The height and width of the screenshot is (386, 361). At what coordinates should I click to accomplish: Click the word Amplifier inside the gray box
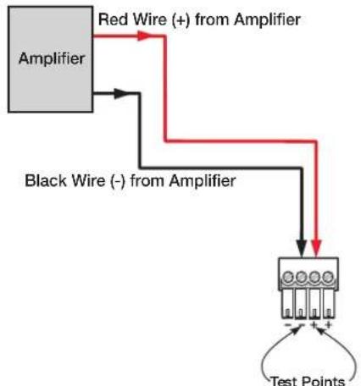tap(52, 59)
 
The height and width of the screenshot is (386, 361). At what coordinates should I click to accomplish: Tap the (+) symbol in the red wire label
tap(181, 20)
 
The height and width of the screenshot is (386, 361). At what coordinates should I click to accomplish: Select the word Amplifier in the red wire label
tap(267, 19)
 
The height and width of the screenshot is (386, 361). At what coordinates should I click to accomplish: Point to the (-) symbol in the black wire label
tap(118, 181)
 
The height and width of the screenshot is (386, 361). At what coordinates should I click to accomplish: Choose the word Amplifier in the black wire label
tap(203, 181)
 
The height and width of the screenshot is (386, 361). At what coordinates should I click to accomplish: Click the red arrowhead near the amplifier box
tap(143, 36)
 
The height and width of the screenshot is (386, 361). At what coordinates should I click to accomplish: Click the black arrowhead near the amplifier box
tap(119, 93)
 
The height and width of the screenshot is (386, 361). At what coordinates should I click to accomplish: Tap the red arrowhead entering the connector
tap(316, 248)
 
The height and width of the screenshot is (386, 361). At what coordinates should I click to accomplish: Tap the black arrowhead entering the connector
tap(302, 248)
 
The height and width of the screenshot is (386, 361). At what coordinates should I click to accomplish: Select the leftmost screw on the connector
tap(287, 277)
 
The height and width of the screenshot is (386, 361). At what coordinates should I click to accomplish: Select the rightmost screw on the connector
tap(328, 277)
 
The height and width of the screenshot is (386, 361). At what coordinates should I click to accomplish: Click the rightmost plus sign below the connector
tap(328, 325)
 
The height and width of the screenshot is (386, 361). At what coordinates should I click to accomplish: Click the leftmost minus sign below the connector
tap(288, 325)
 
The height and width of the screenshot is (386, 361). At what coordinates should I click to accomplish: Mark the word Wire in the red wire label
tap(149, 19)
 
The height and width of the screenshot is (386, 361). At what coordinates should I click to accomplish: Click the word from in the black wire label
tap(147, 180)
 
